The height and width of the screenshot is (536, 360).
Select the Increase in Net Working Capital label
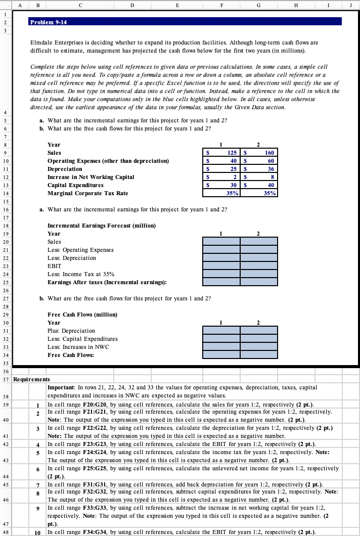(91, 176)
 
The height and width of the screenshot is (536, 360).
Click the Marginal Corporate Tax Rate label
(87, 193)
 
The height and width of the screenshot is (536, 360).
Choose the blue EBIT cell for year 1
(221, 265)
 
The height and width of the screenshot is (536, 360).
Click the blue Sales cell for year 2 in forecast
(259, 242)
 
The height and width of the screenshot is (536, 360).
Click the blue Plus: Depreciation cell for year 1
(221, 331)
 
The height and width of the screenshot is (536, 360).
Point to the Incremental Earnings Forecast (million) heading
(101, 225)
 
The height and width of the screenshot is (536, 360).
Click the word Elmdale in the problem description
(43, 44)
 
